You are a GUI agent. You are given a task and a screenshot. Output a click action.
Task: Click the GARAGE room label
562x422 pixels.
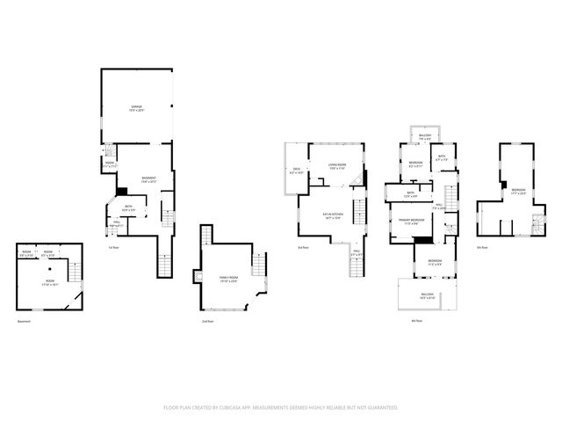pyautogui.click(x=137, y=107)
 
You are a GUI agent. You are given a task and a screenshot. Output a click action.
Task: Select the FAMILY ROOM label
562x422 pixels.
pyautogui.click(x=227, y=278)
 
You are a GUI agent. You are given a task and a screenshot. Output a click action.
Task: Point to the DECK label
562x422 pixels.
pyautogui.click(x=296, y=171)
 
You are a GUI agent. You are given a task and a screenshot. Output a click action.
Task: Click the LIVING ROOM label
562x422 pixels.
pyautogui.click(x=337, y=164)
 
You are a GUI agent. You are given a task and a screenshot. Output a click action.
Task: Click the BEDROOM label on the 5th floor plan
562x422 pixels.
pyautogui.click(x=518, y=190)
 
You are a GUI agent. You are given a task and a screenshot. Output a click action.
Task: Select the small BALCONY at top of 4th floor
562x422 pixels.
pyautogui.click(x=425, y=135)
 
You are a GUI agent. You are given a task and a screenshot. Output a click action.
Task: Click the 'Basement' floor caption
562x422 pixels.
pyautogui.click(x=24, y=321)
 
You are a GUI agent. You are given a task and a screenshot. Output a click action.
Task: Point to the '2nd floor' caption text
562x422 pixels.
pyautogui.click(x=208, y=321)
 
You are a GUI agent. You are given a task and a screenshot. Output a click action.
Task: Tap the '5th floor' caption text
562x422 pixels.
pyautogui.click(x=482, y=248)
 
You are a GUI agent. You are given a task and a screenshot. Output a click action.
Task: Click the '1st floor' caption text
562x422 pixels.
pyautogui.click(x=113, y=248)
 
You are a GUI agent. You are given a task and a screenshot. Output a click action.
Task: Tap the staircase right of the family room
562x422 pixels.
pyautogui.click(x=259, y=265)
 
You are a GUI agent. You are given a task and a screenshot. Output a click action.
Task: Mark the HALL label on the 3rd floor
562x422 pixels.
pyautogui.click(x=357, y=252)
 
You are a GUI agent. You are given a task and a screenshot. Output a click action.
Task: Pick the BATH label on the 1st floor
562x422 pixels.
pyautogui.click(x=128, y=208)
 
